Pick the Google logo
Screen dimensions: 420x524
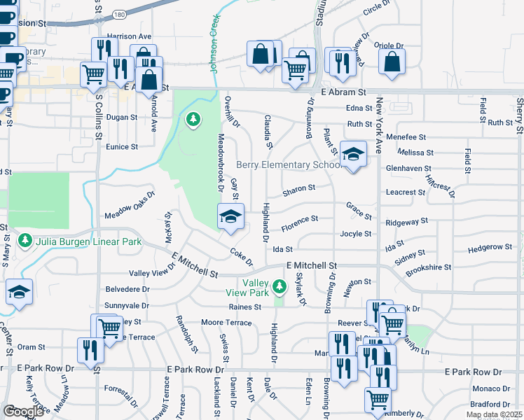[x=23, y=412]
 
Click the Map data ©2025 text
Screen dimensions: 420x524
[x=495, y=414]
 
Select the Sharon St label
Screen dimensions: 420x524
[x=299, y=188]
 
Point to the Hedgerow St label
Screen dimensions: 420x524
[x=490, y=247]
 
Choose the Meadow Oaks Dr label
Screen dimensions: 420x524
[x=128, y=206]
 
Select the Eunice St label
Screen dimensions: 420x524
[x=122, y=147]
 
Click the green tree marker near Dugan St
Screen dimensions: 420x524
[x=193, y=120]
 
